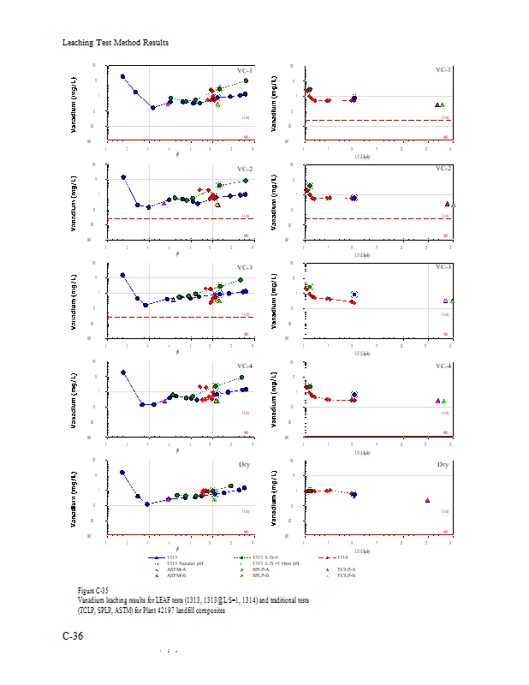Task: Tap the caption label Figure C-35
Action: tap(92, 591)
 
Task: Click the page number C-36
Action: tap(73, 636)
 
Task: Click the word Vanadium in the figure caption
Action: tap(92, 600)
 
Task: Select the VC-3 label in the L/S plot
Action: tap(443, 266)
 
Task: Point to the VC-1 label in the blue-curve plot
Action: tap(244, 70)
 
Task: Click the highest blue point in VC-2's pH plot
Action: tap(123, 177)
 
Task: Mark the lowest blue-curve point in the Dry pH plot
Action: tap(147, 504)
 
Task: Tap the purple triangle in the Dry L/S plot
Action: tap(426, 500)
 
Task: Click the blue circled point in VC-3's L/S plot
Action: tap(354, 295)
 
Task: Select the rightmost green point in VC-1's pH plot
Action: tap(246, 80)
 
